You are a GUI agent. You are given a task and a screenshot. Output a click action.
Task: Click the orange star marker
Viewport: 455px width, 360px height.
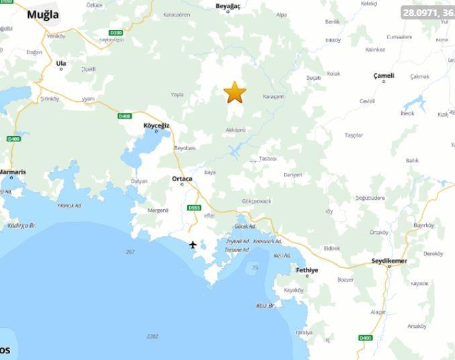pos(235,93)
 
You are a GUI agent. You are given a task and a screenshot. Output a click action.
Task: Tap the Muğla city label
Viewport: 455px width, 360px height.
pos(42,15)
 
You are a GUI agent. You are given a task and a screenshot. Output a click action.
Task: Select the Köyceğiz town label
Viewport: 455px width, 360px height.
pos(157,125)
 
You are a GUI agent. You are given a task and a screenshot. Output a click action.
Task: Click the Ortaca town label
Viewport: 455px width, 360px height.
pos(182,178)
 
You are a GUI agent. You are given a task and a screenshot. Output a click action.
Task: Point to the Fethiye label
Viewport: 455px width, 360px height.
pos(307,269)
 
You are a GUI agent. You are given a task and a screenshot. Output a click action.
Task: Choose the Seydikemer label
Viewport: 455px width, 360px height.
pos(389,260)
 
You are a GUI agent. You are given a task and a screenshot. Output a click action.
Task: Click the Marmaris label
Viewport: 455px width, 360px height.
pos(12,172)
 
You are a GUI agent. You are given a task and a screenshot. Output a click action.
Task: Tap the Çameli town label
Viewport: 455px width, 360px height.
pos(384,76)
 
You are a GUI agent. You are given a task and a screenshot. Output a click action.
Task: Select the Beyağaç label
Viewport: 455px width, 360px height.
pos(227,5)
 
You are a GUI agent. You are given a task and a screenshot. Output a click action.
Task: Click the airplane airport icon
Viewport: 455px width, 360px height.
pos(193,245)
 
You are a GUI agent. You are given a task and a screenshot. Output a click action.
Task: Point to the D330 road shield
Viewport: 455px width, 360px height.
pos(115,33)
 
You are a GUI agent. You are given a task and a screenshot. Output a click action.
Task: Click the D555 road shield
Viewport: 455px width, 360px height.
pos(194,207)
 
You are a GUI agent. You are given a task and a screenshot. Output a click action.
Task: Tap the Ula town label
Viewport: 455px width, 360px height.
pos(61,63)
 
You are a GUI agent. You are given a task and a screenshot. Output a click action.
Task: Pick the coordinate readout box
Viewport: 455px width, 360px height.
pos(427,12)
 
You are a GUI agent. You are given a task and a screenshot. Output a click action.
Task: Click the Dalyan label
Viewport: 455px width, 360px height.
pos(139,181)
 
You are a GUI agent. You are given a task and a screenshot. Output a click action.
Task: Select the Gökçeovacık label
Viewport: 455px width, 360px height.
pos(256,201)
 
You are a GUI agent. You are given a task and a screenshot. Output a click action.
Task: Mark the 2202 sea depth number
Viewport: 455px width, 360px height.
pos(152,337)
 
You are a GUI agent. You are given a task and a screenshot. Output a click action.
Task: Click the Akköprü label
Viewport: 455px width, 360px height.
pos(236,129)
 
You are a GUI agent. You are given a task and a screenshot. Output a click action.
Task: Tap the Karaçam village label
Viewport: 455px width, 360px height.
pos(274,97)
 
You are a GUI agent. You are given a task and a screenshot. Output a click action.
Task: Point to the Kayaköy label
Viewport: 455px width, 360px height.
pos(294,290)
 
